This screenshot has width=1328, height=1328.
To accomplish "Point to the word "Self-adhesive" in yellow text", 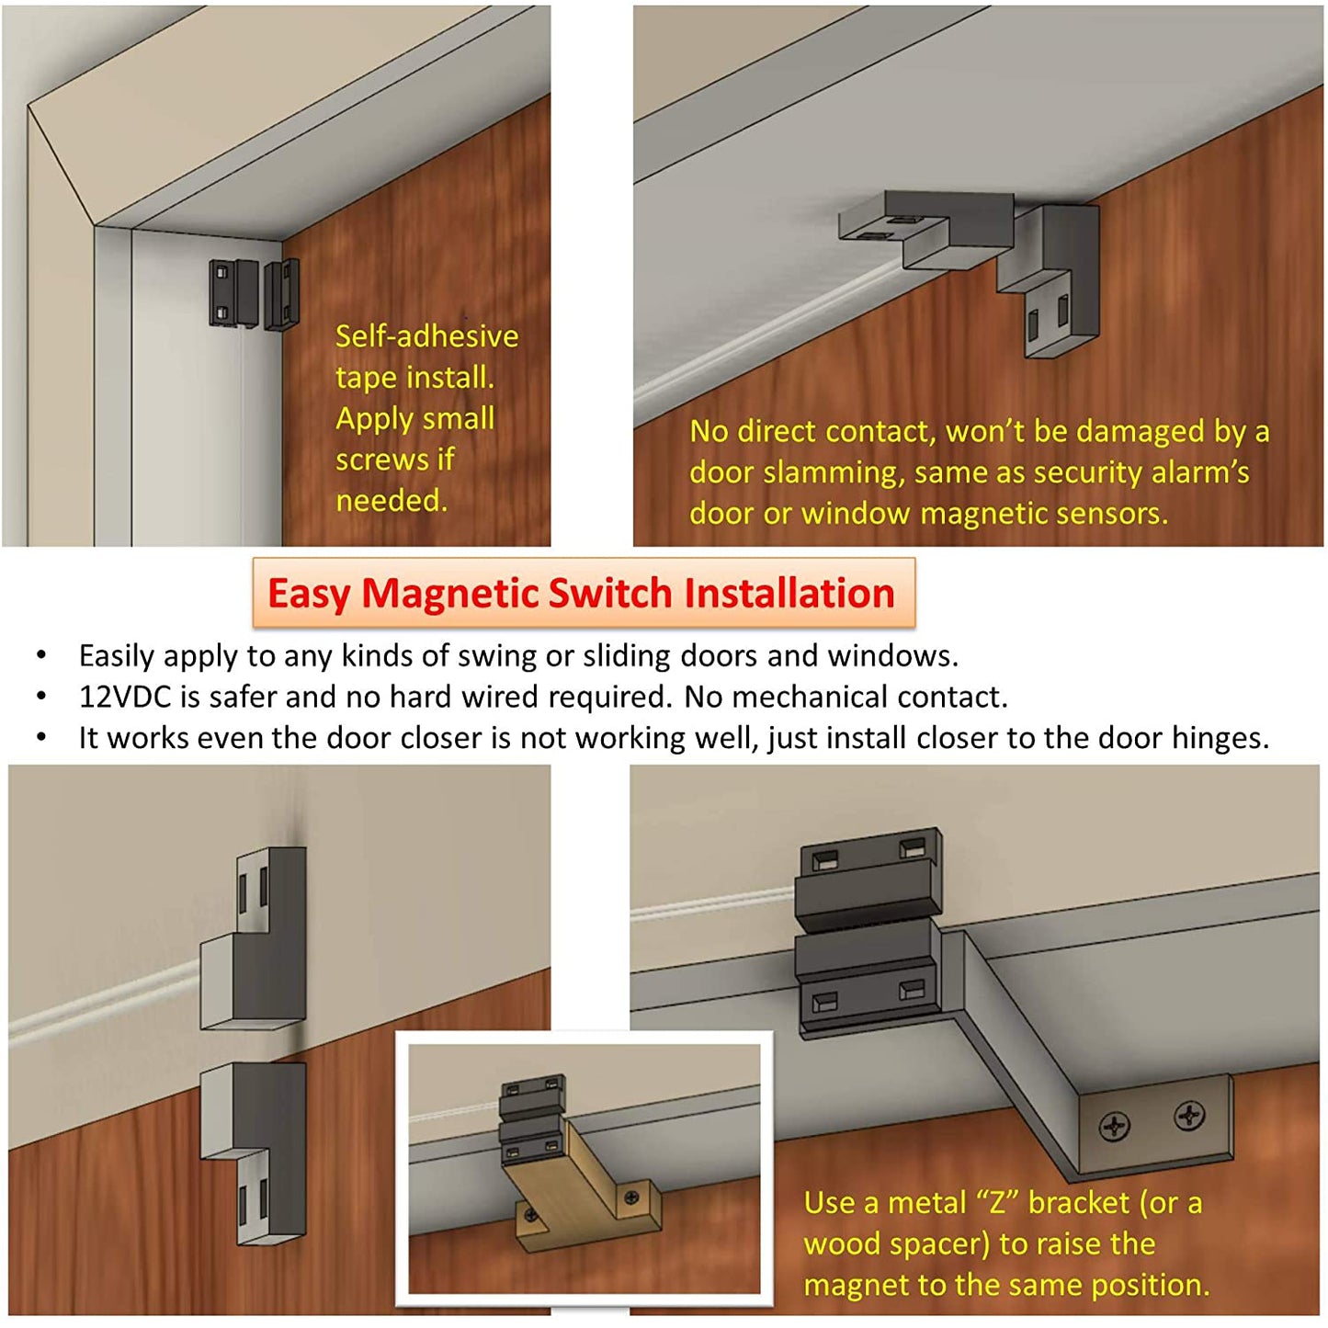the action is click(426, 336).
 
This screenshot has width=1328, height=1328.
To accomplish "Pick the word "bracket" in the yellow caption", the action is click(1079, 1203).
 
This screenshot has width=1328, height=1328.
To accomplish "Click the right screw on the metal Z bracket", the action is click(1189, 1115).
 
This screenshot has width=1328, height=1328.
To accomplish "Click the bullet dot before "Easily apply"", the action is click(42, 656).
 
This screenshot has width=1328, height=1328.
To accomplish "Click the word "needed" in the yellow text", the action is click(392, 501).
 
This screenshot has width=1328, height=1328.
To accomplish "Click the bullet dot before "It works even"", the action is click(42, 738).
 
